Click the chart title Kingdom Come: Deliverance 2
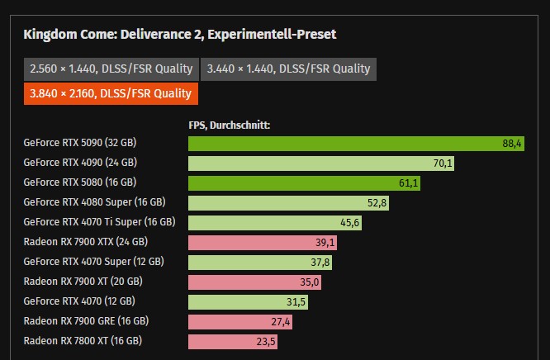click(179, 35)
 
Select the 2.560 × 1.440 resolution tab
click(111, 69)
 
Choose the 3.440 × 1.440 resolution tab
click(289, 69)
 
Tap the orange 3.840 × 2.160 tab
click(111, 93)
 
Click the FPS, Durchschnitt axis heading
click(230, 126)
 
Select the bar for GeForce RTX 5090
click(344, 144)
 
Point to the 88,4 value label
click(512, 144)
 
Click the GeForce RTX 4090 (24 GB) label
click(80, 163)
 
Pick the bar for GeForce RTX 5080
click(304, 182)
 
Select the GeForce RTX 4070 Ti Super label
click(99, 222)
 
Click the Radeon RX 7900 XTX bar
click(262, 242)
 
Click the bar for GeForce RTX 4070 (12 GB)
click(249, 301)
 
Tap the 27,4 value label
click(281, 321)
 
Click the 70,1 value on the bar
click(443, 163)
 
